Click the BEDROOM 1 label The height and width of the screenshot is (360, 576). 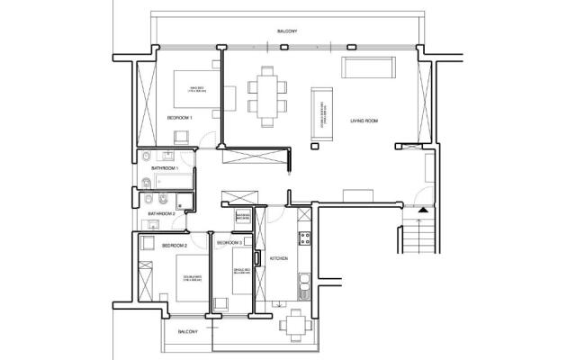click(180, 118)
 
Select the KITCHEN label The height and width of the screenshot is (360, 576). click(278, 259)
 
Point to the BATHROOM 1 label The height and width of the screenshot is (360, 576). click(165, 169)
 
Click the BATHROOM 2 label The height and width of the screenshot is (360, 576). click(161, 213)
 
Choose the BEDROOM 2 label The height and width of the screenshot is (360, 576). click(174, 245)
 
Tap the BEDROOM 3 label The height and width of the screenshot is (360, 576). click(229, 243)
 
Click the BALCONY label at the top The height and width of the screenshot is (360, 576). click(287, 31)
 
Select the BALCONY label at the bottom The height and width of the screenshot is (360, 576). click(187, 332)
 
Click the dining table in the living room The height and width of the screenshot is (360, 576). click(266, 93)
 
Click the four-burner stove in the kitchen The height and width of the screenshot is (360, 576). click(305, 239)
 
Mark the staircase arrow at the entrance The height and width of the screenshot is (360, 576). click(421, 209)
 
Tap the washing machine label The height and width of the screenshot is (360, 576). click(242, 217)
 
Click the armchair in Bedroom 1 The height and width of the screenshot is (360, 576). click(180, 138)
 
